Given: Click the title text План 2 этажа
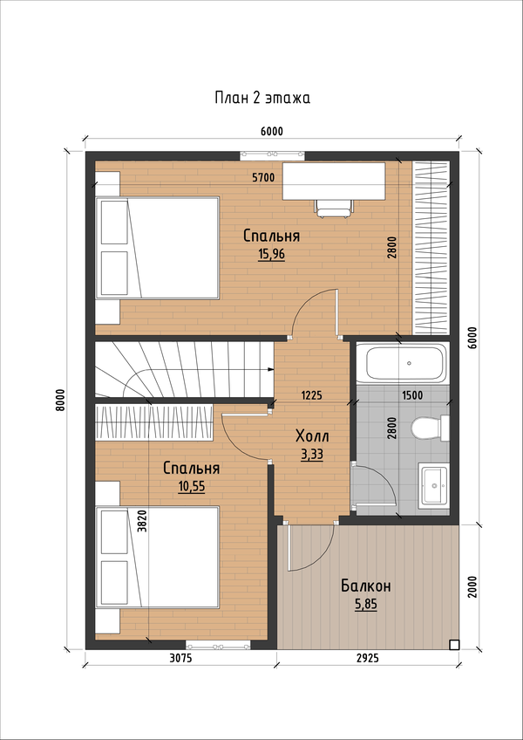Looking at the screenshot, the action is point(262,98).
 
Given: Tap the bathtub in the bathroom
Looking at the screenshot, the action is point(400,363).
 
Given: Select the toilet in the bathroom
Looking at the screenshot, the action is point(430,428).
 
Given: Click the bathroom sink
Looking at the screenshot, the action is point(433,485).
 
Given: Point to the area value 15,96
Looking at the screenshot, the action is point(272,256).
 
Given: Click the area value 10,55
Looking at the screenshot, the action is point(192,487).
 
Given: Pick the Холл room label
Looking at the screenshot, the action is point(312,436).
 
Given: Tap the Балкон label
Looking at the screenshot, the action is point(366,586).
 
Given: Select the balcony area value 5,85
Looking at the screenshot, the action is point(366,605).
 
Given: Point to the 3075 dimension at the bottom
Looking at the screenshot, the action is point(180,658).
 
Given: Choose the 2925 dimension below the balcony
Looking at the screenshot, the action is point(367,658).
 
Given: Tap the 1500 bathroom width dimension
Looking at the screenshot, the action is point(411,395).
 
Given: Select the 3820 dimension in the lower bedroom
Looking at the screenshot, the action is point(142,521).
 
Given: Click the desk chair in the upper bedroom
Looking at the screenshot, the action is point(335,208).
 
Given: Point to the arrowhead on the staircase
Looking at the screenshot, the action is point(271,369).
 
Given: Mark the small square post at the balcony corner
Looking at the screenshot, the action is point(453,644).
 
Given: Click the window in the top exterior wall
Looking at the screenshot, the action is point(272,154).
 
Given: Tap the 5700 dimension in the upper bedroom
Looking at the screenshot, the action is point(263,177).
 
